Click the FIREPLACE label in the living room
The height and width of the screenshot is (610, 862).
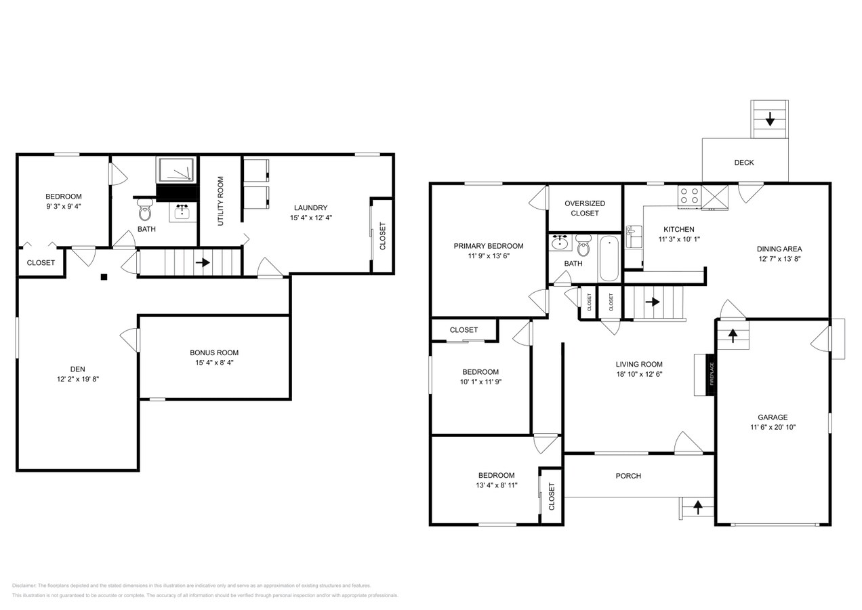click(x=712, y=374)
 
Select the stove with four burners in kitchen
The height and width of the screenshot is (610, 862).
click(x=689, y=197)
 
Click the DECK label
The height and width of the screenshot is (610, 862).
click(x=743, y=163)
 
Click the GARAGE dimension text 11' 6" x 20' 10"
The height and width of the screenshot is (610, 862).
click(x=773, y=427)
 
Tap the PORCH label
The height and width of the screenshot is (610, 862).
click(x=628, y=476)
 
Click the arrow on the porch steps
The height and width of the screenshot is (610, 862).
click(x=697, y=506)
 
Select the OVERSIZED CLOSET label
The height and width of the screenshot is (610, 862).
click(x=584, y=208)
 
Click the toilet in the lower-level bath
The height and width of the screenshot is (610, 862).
click(x=144, y=210)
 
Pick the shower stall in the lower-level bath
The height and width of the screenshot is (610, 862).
click(x=176, y=170)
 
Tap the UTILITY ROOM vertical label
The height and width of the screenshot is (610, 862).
click(x=220, y=201)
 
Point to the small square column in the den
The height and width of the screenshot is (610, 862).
click(x=104, y=277)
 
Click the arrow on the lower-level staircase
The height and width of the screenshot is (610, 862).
click(x=202, y=262)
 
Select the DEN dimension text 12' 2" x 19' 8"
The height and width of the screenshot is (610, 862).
click(x=78, y=379)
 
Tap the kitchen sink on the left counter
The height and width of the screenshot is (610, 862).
click(x=633, y=237)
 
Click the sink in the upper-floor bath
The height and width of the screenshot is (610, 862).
click(x=560, y=243)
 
